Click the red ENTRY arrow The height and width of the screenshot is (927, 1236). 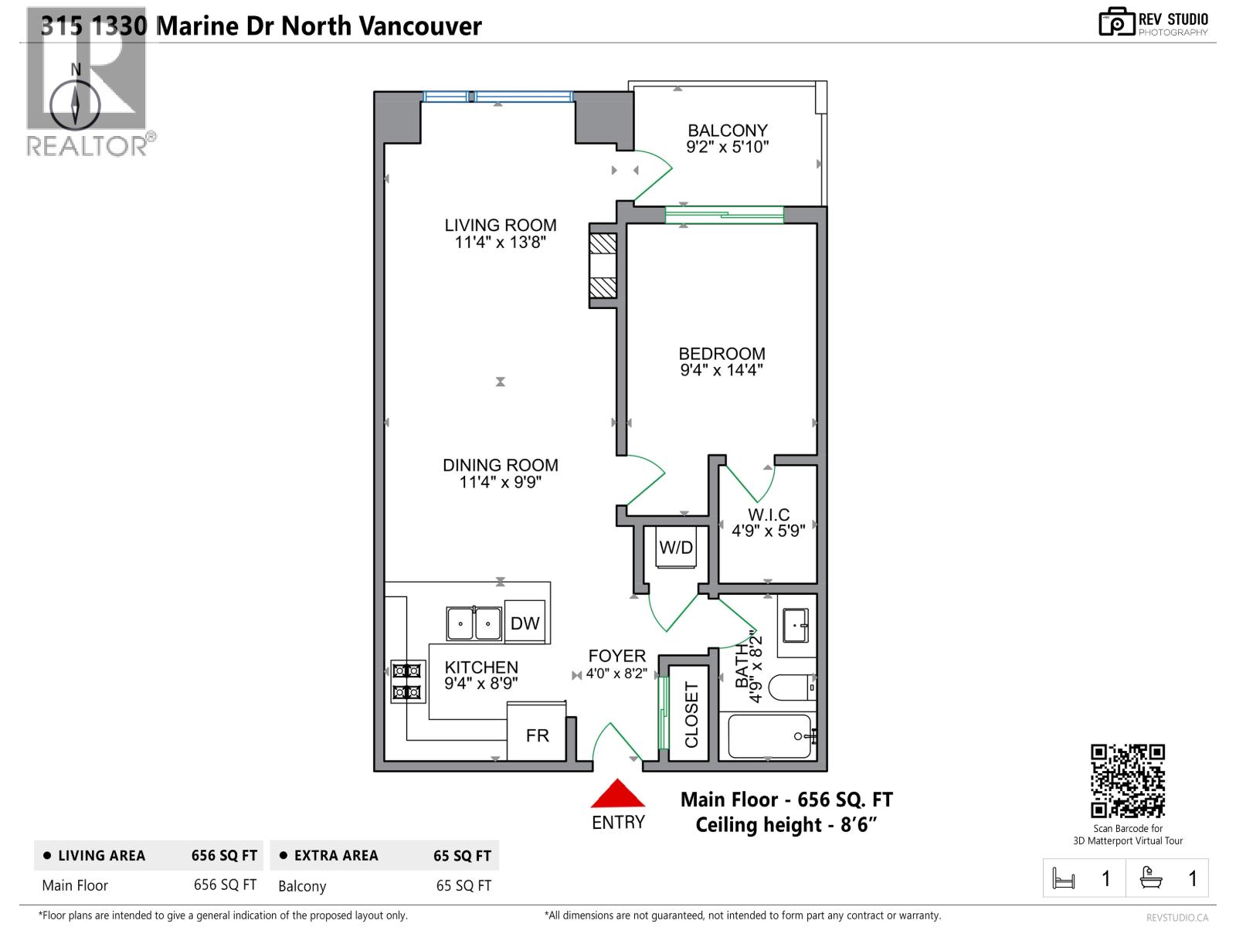[617, 795]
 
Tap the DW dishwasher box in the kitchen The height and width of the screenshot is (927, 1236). [525, 623]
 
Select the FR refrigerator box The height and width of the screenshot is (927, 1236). [537, 735]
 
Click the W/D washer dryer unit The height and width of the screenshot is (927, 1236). [676, 547]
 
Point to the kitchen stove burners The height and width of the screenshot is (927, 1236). [407, 681]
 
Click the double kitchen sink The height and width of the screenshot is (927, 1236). [474, 623]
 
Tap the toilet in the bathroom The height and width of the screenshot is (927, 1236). [795, 686]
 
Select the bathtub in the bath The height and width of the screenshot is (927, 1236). [768, 735]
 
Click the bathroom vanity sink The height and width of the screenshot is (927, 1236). [795, 625]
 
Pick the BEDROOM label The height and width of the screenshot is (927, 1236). [722, 354]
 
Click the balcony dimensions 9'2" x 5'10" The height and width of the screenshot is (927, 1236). [727, 147]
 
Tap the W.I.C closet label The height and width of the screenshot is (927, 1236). [769, 514]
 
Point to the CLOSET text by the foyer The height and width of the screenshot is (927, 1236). [691, 715]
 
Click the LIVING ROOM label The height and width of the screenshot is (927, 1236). [500, 226]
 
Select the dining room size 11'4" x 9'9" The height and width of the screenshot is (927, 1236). [500, 482]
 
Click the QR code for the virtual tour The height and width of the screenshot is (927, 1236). [1127, 780]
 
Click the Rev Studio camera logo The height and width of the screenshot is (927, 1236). [1115, 22]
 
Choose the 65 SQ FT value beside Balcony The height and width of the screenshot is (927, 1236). [463, 885]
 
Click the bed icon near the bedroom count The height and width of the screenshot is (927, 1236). [1064, 878]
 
